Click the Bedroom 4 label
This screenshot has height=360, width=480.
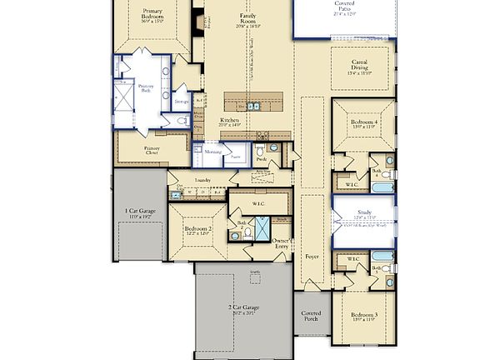363,122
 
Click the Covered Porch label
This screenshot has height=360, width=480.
312,317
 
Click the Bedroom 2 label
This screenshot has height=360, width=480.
198,231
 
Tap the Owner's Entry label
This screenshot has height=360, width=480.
282,243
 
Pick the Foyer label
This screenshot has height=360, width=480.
312,257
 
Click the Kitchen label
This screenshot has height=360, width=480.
230,122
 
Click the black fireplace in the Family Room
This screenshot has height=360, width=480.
197,19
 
